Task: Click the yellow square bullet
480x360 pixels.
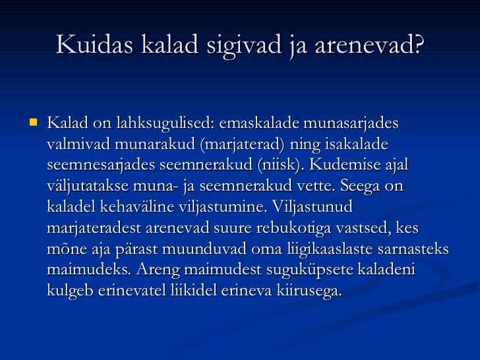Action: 34,123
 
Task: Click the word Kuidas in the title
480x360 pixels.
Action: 94,44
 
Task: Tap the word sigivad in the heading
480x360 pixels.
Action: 244,46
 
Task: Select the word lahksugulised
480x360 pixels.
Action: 165,124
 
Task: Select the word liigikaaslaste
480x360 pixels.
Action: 330,249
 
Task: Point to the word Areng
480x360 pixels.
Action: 158,270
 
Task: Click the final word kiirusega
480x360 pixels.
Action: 309,291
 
